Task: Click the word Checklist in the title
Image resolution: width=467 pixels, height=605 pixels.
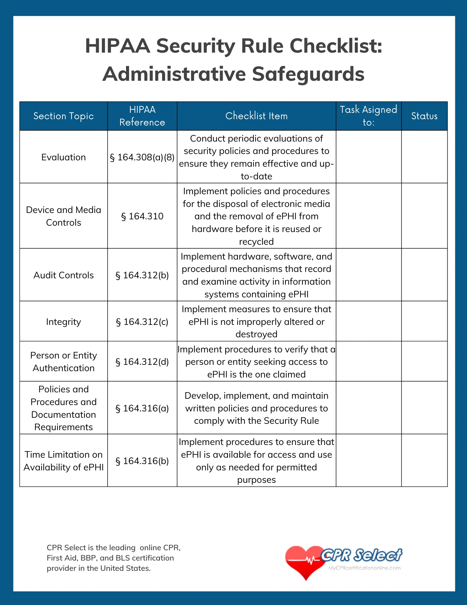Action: (336, 46)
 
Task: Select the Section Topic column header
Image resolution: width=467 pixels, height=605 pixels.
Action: (63, 116)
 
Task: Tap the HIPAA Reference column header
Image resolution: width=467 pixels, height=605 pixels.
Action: (142, 116)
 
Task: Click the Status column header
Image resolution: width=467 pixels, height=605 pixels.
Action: (424, 116)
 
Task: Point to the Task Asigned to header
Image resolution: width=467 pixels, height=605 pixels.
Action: (368, 116)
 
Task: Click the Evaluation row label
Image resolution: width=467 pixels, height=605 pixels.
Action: (63, 157)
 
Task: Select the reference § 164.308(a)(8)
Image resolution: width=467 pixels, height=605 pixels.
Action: (142, 157)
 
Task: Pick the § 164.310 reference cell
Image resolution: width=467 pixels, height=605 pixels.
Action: (142, 216)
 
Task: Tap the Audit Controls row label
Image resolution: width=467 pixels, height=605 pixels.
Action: (63, 275)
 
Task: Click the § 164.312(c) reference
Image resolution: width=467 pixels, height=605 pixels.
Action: (142, 322)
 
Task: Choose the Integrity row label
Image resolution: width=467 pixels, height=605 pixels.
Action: (63, 322)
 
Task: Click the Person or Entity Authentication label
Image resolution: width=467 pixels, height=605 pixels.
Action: (63, 362)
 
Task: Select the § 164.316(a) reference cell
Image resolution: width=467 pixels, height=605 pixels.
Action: (142, 408)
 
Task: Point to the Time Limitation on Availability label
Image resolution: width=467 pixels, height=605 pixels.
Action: (63, 461)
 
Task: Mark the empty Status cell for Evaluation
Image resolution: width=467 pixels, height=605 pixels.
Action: (424, 157)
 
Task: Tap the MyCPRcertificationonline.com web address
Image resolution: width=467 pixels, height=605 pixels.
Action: (365, 568)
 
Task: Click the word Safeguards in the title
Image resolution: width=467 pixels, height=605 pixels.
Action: (308, 74)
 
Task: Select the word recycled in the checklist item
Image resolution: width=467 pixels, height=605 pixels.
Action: (256, 242)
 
